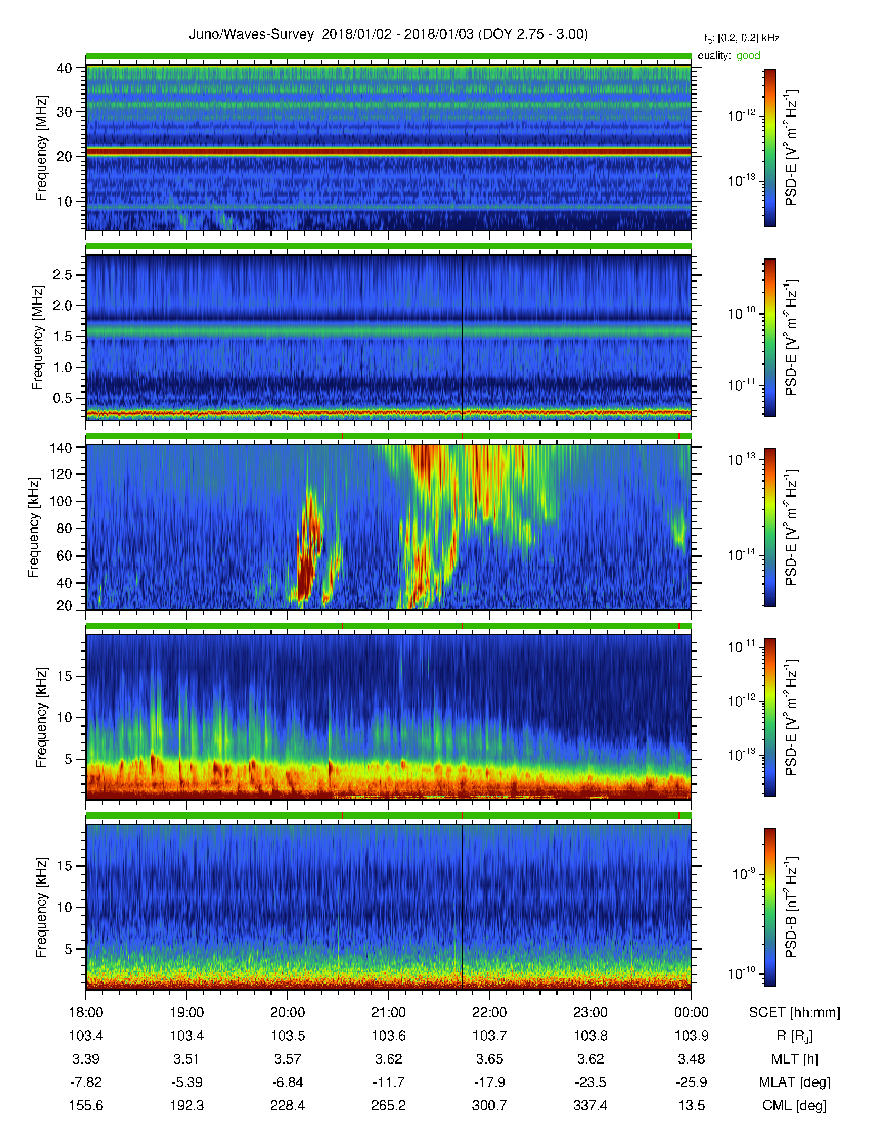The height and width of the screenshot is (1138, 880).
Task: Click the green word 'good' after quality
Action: pyautogui.click(x=748, y=56)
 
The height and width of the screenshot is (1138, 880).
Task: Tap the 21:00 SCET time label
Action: pyautogui.click(x=388, y=1012)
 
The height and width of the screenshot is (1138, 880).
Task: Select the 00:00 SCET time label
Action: pyautogui.click(x=691, y=1012)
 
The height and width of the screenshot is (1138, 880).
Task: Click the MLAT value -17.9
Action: pyautogui.click(x=490, y=1082)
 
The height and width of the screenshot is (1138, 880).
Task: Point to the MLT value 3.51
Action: pyautogui.click(x=187, y=1059)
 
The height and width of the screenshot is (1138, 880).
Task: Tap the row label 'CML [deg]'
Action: pyautogui.click(x=794, y=1106)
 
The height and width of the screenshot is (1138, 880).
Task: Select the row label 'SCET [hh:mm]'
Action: pyautogui.click(x=794, y=1013)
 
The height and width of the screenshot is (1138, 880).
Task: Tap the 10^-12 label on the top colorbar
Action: pyautogui.click(x=741, y=116)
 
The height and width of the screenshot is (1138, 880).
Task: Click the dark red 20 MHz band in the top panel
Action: pyautogui.click(x=388, y=152)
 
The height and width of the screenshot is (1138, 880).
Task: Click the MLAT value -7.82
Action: pyautogui.click(x=86, y=1082)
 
